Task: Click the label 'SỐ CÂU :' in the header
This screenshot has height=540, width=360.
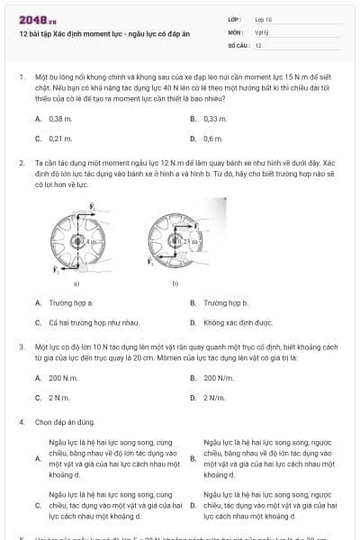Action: (x=238, y=44)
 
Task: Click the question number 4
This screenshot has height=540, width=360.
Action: (x=21, y=421)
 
